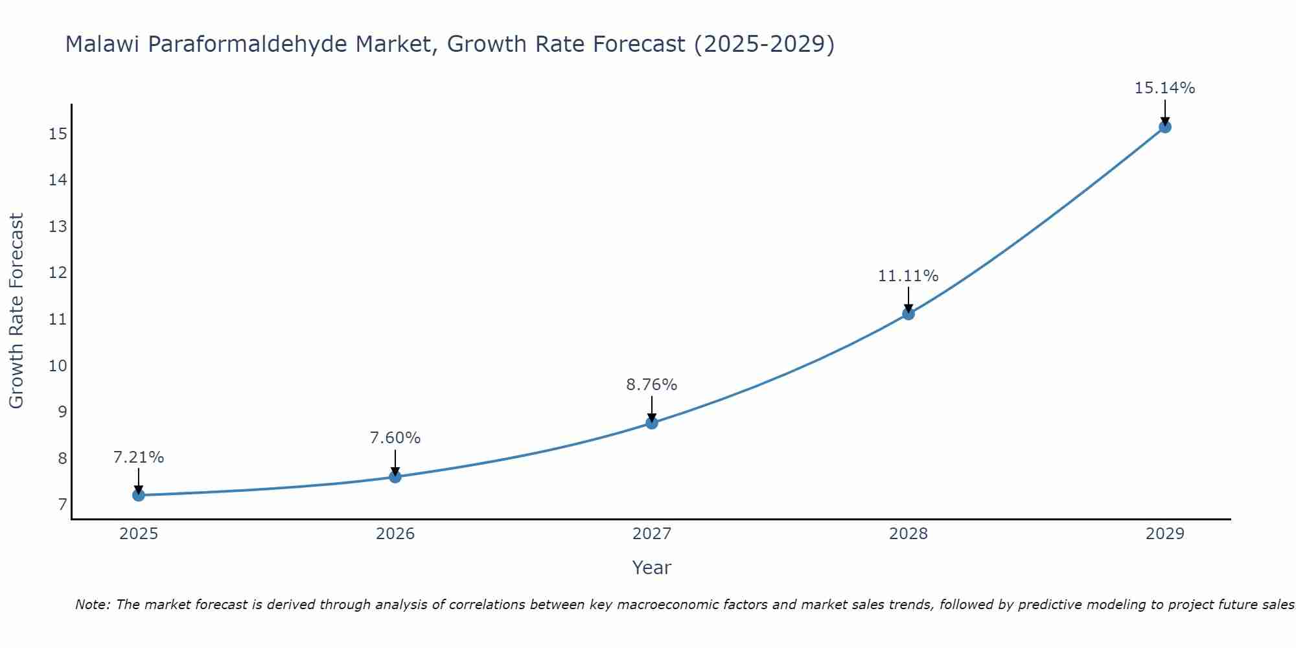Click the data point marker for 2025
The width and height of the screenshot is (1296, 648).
[x=138, y=495]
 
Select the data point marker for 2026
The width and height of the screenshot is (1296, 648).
[x=395, y=477]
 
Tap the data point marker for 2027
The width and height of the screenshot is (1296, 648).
[x=652, y=423]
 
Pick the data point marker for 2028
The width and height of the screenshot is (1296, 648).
[x=908, y=314]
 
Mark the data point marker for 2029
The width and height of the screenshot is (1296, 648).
[x=1164, y=127]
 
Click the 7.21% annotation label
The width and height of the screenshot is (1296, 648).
[x=139, y=457]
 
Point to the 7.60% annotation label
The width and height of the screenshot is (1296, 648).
[x=395, y=438]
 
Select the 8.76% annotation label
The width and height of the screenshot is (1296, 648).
[x=652, y=385]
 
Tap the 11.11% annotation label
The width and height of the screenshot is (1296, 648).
[x=908, y=276]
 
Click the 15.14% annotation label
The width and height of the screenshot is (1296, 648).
[x=1164, y=88]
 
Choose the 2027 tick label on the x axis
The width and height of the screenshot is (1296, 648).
[x=652, y=534]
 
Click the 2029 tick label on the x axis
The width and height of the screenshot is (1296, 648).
[x=1164, y=534]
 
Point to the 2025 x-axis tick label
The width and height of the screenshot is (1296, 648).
[x=139, y=534]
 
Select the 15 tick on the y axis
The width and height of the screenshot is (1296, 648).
[x=58, y=134]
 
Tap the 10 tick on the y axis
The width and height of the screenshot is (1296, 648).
[x=58, y=365]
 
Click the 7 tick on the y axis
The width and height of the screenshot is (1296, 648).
[x=62, y=504]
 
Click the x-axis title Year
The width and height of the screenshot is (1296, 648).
[x=652, y=568]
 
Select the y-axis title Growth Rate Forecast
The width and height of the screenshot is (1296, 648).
[x=16, y=311]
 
